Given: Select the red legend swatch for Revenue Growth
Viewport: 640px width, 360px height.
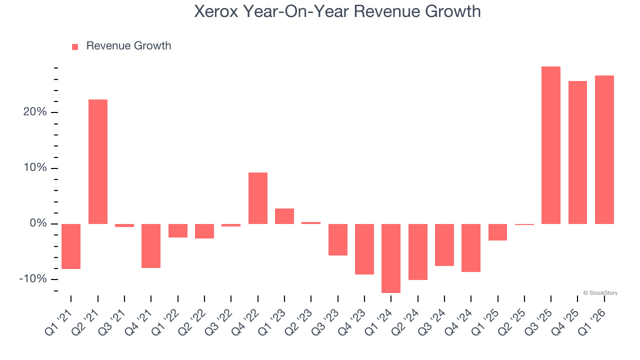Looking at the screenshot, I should (x=75, y=46).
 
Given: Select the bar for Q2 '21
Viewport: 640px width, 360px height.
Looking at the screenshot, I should (x=98, y=161).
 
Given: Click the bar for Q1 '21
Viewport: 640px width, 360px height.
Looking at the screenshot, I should (x=71, y=246).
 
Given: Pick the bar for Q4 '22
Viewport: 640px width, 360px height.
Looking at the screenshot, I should (x=258, y=198).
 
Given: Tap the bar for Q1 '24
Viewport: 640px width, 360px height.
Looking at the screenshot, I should (x=391, y=258).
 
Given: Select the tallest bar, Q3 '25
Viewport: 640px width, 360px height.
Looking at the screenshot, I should (x=551, y=145).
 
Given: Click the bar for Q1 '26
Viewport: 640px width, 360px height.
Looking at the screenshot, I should (x=604, y=149).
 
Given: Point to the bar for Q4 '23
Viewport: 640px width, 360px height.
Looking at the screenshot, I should (x=364, y=249).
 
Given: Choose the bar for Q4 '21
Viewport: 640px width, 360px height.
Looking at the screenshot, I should (x=151, y=245).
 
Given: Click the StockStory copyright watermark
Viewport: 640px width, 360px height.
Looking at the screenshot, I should (x=600, y=293).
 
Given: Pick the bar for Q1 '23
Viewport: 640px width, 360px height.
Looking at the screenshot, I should (x=284, y=216).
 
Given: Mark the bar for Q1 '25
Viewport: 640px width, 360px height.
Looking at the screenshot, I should (x=497, y=232).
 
